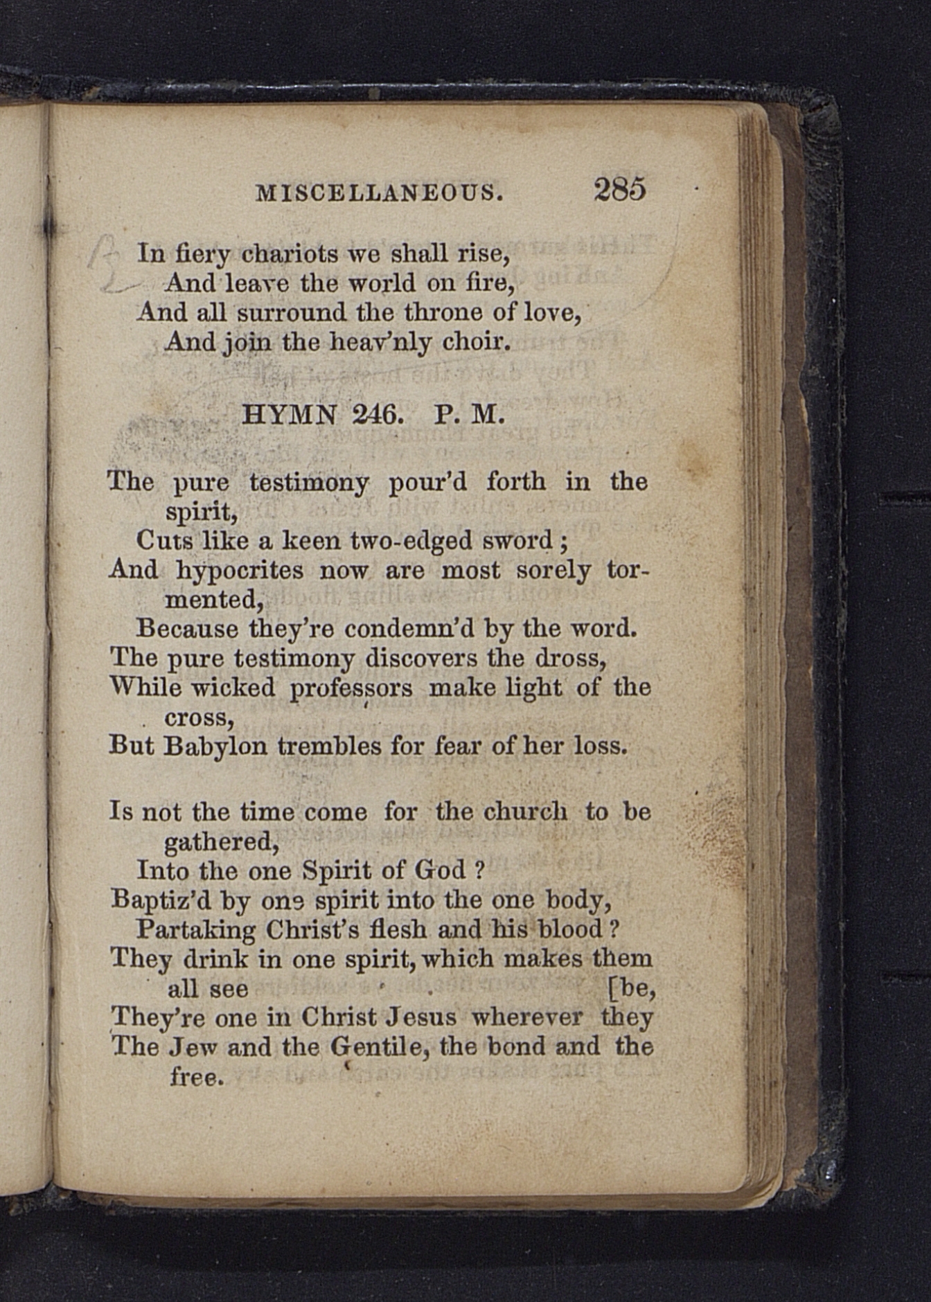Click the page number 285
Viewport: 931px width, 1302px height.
click(x=619, y=188)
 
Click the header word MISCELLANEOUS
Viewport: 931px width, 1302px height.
click(x=379, y=192)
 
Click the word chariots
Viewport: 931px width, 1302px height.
click(x=290, y=254)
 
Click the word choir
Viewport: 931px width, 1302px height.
click(x=477, y=341)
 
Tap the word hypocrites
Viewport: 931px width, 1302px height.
click(x=240, y=571)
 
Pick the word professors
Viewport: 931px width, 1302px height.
click(x=351, y=688)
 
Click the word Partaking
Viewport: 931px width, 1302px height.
click(x=195, y=929)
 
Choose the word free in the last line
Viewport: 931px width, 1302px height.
click(x=197, y=1077)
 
